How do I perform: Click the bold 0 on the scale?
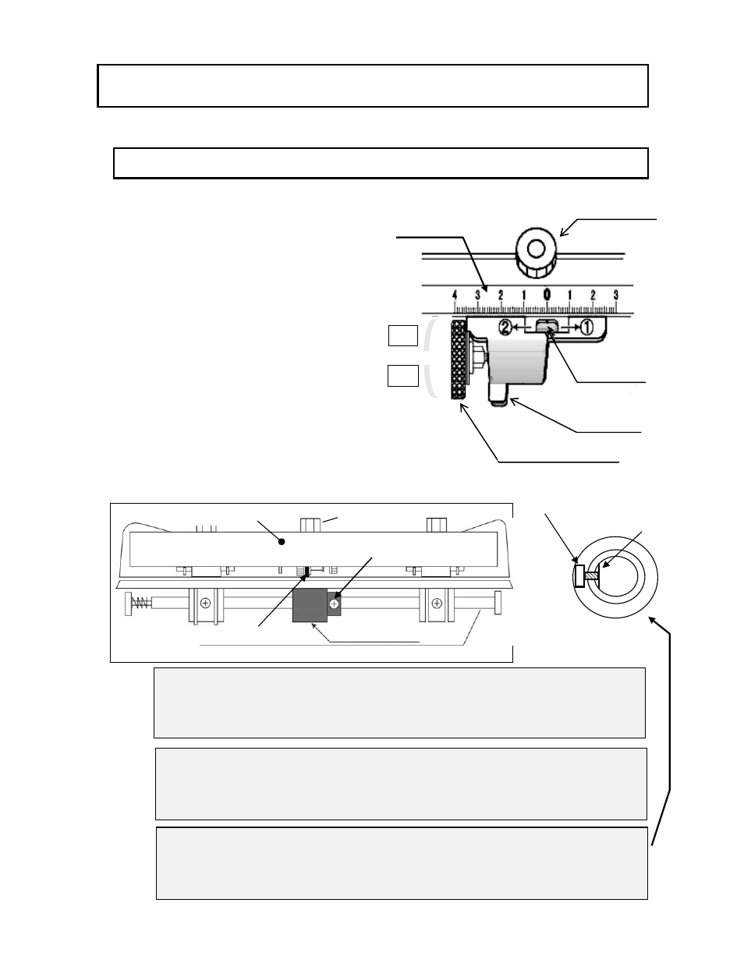pos(547,294)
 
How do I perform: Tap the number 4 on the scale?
pos(455,295)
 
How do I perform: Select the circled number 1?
pos(586,327)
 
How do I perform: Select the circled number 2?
pos(505,327)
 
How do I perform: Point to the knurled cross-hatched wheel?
pos(459,360)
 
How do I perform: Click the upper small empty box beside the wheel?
pos(402,335)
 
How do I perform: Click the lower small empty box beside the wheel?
pos(402,376)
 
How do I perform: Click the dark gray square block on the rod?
pos(310,605)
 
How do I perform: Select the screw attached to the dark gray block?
pos(335,604)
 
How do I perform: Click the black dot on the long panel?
pos(282,542)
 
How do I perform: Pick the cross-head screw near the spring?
pos(205,603)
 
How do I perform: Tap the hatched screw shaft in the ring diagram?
pos(591,576)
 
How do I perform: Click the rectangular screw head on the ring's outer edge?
pos(579,576)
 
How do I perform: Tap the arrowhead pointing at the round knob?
pos(564,232)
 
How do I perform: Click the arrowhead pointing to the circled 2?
pos(515,327)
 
